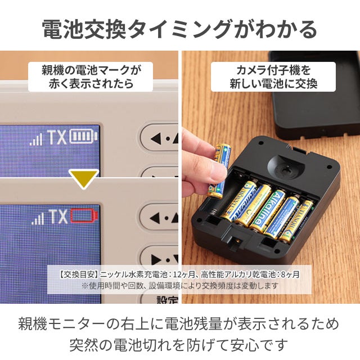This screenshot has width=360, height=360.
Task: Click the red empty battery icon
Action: (x=84, y=216)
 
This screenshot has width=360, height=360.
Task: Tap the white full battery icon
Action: (x=84, y=136)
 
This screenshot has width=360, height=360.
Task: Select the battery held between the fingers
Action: (x=219, y=170)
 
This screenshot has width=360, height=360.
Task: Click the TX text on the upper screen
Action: (x=57, y=137)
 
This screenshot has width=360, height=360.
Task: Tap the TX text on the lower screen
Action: (x=58, y=217)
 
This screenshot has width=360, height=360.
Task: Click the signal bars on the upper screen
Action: (x=36, y=139)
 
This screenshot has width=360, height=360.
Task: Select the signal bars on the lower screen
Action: (x=38, y=218)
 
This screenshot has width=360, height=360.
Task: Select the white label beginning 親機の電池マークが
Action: (x=91, y=76)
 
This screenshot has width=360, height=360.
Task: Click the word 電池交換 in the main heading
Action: (x=84, y=29)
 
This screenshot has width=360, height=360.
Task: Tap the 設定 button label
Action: (x=167, y=299)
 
